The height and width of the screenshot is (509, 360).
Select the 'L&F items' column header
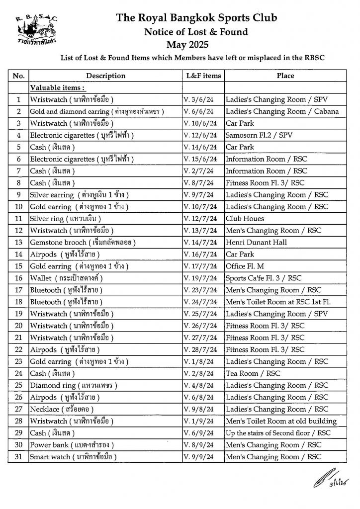point(203,76)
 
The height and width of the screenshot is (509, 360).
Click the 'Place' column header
point(285,76)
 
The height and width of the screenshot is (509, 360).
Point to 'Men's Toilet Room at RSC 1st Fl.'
point(281,302)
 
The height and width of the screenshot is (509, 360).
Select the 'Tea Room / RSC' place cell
point(253,373)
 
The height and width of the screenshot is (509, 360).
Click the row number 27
point(19,409)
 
